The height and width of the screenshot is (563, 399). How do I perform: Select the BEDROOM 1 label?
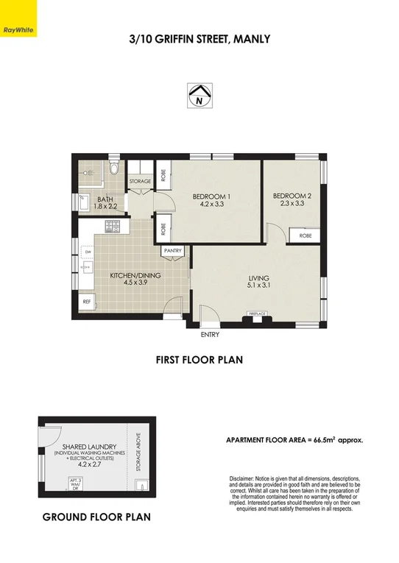tap(212, 196)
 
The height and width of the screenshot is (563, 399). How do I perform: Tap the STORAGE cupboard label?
tap(140, 181)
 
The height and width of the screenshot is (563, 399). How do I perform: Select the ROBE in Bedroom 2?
tap(304, 236)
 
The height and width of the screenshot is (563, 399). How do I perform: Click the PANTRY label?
tap(173, 251)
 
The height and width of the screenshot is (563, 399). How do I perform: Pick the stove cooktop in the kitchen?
tap(112, 225)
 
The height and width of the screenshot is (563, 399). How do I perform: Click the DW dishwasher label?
tap(88, 252)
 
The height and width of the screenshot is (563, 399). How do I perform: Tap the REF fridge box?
tap(87, 301)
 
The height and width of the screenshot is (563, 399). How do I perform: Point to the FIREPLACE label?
tap(257, 314)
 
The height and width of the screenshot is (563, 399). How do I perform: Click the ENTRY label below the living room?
tap(210, 335)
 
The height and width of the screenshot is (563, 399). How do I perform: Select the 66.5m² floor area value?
tap(322, 440)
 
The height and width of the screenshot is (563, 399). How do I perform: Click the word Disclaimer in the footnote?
tap(245, 478)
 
